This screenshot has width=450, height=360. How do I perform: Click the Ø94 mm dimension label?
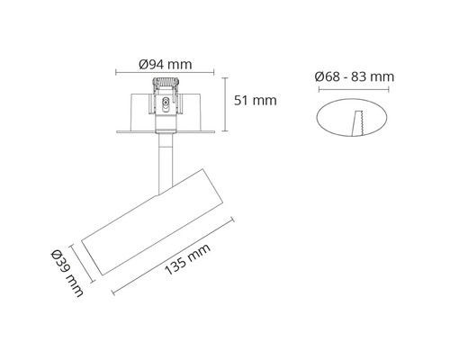coord(164,64)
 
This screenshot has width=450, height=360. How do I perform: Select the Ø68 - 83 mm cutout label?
coord(355,76)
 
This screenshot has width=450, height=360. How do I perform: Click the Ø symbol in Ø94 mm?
coord(144,64)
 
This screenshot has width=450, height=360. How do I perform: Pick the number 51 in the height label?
coord(240,101)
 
